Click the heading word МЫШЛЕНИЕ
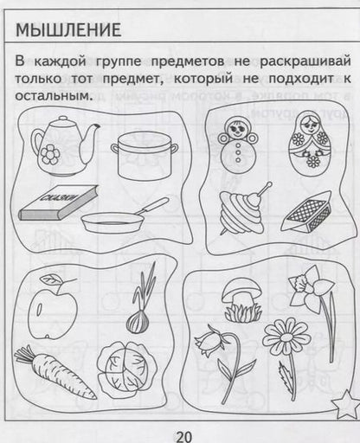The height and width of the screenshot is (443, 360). tap(69, 29)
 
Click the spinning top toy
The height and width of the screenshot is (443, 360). tap(235, 208)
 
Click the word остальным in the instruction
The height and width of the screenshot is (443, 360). tap(53, 95)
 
